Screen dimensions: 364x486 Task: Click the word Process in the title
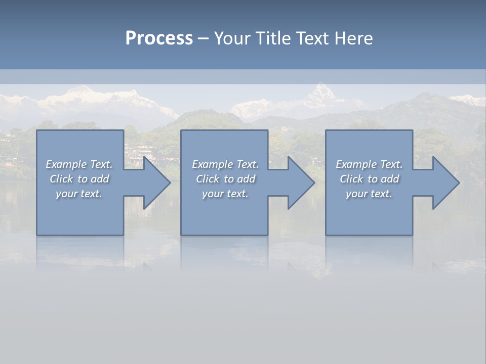click(159, 38)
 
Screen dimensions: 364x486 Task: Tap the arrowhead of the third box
click(448, 183)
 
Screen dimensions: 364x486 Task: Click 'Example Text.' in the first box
click(79, 164)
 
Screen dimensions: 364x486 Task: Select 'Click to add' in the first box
click(79, 179)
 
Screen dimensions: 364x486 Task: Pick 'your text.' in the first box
click(79, 194)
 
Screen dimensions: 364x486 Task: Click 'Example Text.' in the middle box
click(225, 164)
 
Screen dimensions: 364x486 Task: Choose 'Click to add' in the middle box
click(225, 179)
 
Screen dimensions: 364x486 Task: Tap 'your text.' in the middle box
click(225, 194)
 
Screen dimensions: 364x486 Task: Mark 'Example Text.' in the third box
click(369, 164)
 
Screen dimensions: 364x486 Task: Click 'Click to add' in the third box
click(369, 179)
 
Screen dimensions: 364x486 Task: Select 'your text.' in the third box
click(369, 194)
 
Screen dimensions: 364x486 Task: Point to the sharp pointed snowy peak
click(320, 91)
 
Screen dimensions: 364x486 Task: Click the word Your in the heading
click(233, 38)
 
